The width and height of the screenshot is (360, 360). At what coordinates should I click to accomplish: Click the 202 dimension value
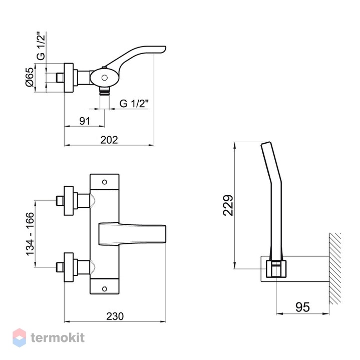(109, 140)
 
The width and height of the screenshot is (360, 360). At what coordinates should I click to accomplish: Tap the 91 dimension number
(85, 121)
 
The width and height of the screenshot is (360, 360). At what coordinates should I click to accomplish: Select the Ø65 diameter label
(30, 77)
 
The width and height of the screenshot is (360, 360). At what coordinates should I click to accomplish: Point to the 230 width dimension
(115, 316)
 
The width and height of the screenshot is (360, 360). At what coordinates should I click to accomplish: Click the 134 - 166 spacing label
(30, 234)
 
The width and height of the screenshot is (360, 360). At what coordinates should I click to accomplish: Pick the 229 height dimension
(228, 205)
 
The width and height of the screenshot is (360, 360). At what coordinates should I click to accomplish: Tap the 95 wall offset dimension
(302, 307)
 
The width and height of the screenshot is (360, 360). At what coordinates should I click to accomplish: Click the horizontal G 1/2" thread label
(134, 104)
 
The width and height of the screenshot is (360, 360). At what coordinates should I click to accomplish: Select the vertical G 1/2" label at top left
(41, 46)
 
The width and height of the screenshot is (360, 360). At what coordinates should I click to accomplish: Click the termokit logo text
(58, 338)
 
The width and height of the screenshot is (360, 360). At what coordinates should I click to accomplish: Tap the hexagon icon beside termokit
(20, 337)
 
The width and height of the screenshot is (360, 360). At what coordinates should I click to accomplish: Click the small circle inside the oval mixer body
(105, 78)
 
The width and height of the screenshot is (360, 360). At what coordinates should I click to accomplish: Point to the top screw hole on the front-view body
(105, 182)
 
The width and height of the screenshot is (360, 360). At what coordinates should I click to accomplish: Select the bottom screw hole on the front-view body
(105, 289)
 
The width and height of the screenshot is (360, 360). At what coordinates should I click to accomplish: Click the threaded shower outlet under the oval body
(105, 91)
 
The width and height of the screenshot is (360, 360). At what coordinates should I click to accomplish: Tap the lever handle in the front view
(132, 234)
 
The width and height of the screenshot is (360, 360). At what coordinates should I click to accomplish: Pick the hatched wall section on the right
(335, 268)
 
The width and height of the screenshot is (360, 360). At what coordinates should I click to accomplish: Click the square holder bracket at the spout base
(276, 268)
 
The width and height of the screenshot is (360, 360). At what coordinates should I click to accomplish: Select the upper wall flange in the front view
(69, 201)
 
